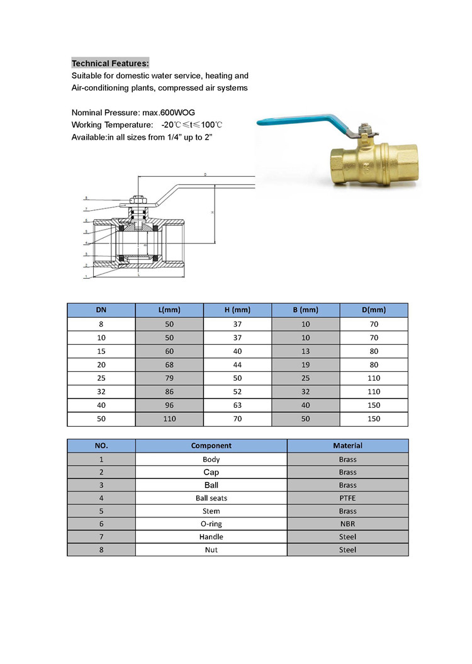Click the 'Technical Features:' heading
(x=110, y=64)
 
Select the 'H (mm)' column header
(x=237, y=310)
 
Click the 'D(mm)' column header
(x=374, y=310)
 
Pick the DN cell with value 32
(x=101, y=391)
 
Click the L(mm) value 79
(x=169, y=378)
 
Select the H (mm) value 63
(x=237, y=405)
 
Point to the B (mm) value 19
(x=305, y=365)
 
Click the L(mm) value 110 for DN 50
(x=169, y=419)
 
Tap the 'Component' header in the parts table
(x=211, y=446)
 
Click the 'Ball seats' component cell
(x=211, y=498)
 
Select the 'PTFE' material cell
(x=347, y=498)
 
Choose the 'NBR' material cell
(x=347, y=524)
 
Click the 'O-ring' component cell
(x=211, y=524)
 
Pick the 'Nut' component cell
(x=211, y=550)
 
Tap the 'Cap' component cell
(x=211, y=472)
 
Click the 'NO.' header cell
(x=101, y=446)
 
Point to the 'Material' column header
(x=347, y=446)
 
